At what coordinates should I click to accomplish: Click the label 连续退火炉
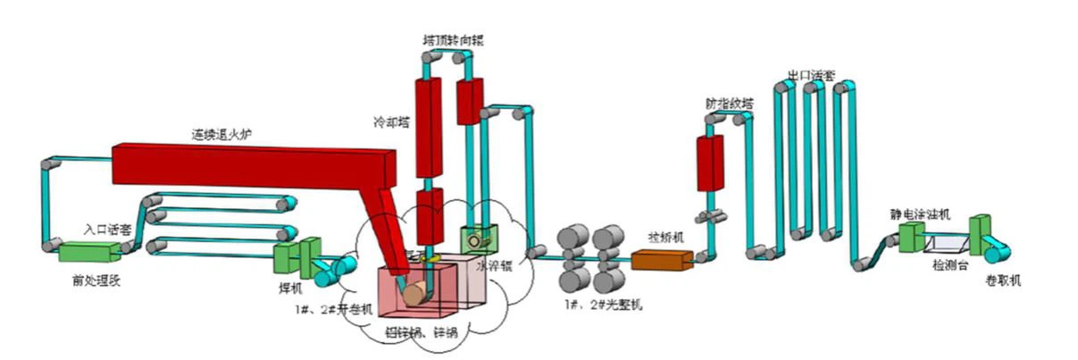pyautogui.click(x=222, y=133)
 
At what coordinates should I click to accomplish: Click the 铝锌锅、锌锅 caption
pyautogui.click(x=419, y=333)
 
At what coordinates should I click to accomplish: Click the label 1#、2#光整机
pyautogui.click(x=602, y=306)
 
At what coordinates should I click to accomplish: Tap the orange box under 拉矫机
pyautogui.click(x=661, y=260)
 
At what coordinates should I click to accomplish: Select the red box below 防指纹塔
pyautogui.click(x=710, y=163)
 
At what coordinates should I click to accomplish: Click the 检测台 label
pyautogui.click(x=949, y=265)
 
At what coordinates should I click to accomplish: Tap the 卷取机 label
pyautogui.click(x=1003, y=280)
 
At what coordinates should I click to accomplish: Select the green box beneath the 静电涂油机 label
pyautogui.click(x=911, y=237)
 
